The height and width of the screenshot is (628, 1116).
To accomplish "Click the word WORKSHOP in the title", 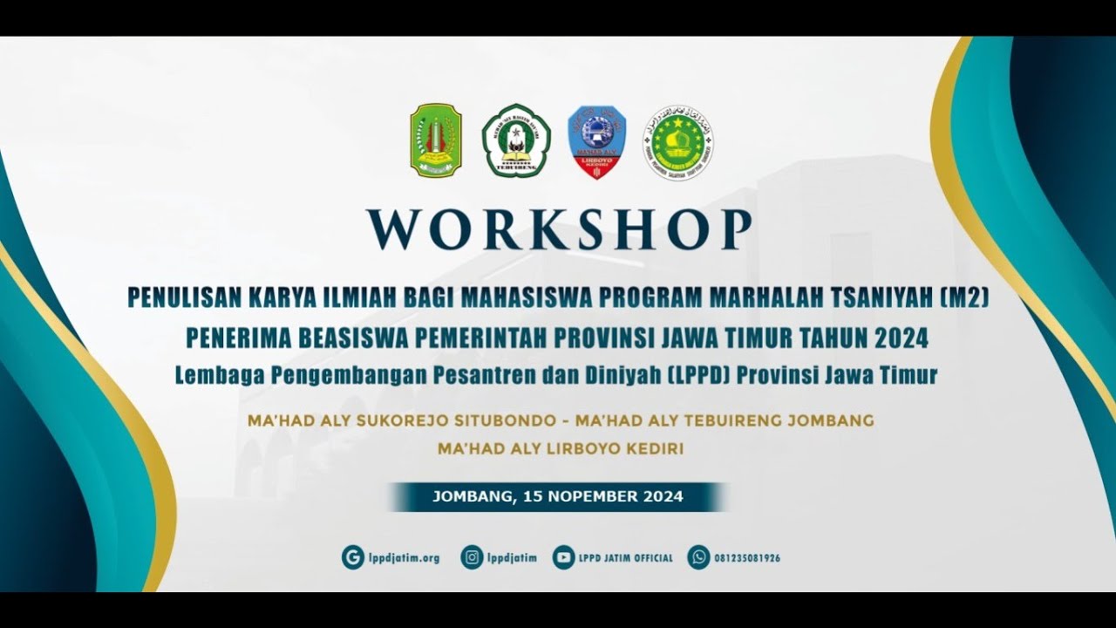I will [x=558, y=229].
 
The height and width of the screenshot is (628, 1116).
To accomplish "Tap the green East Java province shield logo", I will [x=435, y=141].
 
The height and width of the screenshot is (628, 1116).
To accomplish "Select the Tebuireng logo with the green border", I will [x=516, y=141].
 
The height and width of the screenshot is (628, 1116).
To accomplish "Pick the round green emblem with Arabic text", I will [x=677, y=142].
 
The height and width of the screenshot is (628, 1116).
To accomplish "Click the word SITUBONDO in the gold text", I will [x=507, y=420].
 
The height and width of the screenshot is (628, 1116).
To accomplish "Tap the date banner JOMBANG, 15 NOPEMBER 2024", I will [x=558, y=497].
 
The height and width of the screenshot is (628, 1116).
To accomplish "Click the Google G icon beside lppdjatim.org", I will [x=352, y=557].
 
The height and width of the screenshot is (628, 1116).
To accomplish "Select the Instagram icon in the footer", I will [x=472, y=557].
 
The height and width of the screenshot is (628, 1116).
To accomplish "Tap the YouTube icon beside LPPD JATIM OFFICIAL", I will [x=563, y=557].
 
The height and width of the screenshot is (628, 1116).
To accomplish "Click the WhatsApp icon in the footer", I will [x=698, y=557].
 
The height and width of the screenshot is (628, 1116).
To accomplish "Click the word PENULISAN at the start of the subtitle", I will [x=176, y=297].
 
